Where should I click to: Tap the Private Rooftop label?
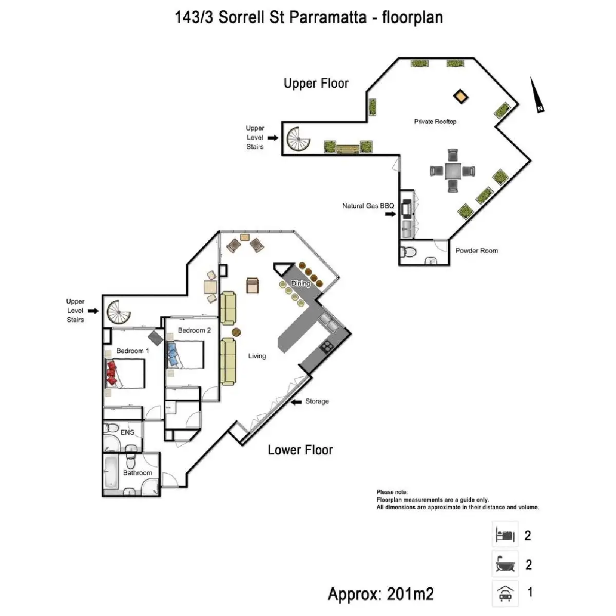tap(435, 122)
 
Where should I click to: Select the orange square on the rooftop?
tap(461, 95)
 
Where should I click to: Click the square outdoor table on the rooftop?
tap(452, 170)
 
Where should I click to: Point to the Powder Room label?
tap(476, 251)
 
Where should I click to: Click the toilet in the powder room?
tap(409, 252)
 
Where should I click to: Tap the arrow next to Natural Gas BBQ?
tap(391, 214)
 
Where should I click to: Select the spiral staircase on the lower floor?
tap(118, 313)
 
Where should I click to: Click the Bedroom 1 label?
tap(132, 351)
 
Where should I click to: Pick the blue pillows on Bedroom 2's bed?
tap(172, 354)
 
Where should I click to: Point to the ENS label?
tap(127, 432)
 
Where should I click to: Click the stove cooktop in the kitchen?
tap(327, 347)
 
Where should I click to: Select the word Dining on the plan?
tap(300, 283)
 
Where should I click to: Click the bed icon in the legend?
tap(504, 535)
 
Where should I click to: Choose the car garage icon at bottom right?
tap(504, 593)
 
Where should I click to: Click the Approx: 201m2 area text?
tap(380, 594)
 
